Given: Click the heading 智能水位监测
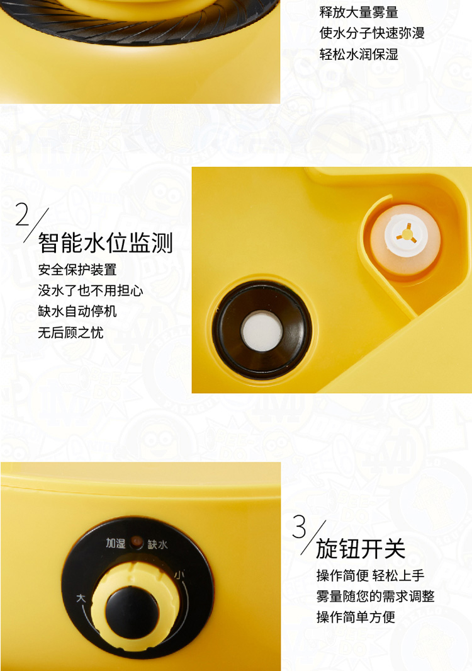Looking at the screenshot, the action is coord(105,243).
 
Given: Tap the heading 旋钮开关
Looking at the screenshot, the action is coord(361,549).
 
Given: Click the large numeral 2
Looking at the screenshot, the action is coord(22,214).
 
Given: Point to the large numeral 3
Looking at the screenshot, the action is coord(300,526).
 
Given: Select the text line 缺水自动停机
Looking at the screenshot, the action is coord(77,311).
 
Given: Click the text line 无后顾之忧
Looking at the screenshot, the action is coord(70,332).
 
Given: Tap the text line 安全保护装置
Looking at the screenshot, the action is coord(77,270).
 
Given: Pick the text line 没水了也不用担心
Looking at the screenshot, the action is coord(91,290).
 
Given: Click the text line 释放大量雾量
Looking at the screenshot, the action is coord(359,12).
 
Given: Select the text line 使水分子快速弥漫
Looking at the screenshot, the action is coord(372,33).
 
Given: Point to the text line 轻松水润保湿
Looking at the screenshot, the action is coord(359,54).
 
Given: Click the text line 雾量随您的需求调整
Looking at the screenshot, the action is coord(375,596).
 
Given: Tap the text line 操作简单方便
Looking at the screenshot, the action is coord(356,617).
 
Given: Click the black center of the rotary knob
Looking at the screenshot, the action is coord(132,612).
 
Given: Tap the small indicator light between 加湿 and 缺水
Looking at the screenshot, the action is coord(137,542).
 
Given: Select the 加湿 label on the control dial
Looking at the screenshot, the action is coord(115,543).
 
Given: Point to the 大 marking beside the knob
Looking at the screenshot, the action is coord(81,597).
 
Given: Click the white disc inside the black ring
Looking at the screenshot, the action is coord(262,331).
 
